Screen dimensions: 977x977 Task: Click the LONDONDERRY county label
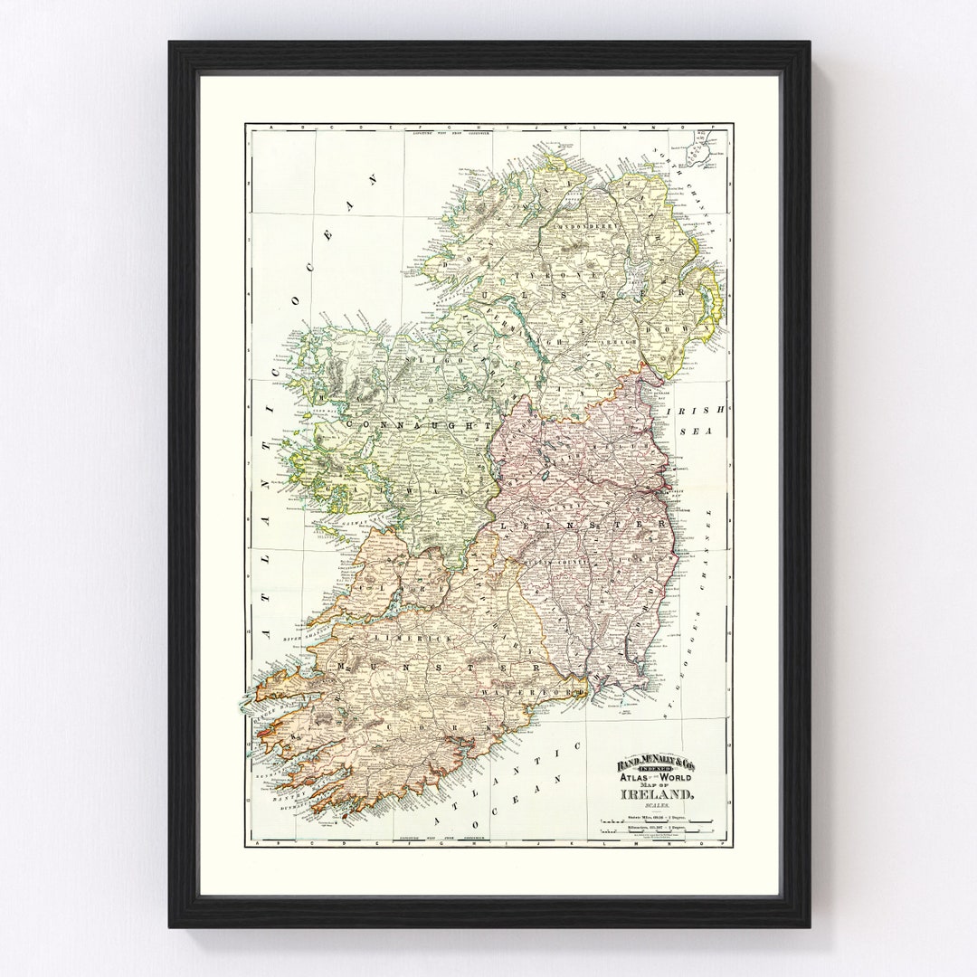(584, 227)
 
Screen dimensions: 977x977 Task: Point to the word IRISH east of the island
(696, 410)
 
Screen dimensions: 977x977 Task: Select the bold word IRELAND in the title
(657, 794)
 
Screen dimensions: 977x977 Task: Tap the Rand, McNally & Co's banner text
(656, 765)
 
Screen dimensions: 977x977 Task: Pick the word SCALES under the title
(656, 805)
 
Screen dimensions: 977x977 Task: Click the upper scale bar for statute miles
(657, 822)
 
